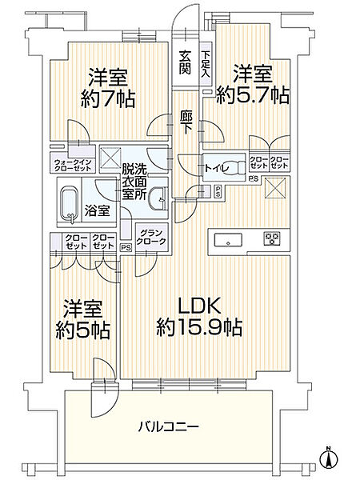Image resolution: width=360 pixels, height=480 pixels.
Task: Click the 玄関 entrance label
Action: coord(185,62)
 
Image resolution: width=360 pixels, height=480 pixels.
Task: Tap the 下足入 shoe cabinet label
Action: coord(205,64)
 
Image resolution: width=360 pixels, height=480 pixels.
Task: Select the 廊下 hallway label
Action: coord(186,122)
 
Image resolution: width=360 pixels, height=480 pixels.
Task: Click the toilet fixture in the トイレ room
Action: coord(234,168)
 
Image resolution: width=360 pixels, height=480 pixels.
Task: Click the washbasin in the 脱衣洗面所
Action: coord(158,198)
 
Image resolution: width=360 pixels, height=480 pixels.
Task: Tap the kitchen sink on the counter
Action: coord(228,240)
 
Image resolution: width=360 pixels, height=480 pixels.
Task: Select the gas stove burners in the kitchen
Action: coord(272,238)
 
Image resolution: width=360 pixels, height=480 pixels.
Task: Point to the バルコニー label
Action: coord(168,426)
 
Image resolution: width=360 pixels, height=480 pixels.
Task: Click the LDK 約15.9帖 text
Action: coord(199,317)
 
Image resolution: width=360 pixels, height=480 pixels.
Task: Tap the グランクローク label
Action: coord(151,237)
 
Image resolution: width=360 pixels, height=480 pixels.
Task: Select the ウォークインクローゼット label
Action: coord(72,166)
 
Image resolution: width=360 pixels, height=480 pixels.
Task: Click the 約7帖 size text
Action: coord(108,98)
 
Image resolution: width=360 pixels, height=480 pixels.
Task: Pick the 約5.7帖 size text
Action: coord(253,95)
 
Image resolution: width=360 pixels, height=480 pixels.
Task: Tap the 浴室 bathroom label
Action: coord(97,211)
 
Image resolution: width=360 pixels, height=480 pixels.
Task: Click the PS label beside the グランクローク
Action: coord(126,247)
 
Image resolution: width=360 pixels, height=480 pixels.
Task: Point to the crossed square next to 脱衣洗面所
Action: coord(109,158)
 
